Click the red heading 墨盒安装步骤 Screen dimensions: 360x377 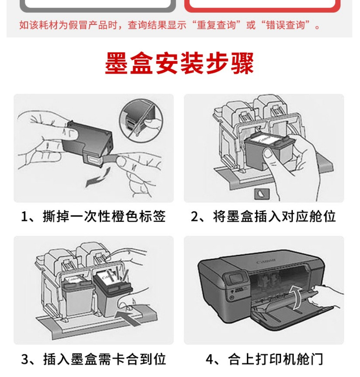(x=179, y=63)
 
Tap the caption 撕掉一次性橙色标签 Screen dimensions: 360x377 (x=104, y=216)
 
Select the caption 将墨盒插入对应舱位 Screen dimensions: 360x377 (x=274, y=216)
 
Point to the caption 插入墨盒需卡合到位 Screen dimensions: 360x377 (x=105, y=359)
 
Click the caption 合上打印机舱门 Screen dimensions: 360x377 (x=275, y=359)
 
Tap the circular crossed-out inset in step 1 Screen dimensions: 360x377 (x=141, y=120)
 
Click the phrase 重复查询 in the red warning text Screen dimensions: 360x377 (x=216, y=25)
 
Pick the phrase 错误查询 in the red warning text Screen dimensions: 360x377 (x=285, y=25)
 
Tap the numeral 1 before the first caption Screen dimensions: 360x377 (x=24, y=217)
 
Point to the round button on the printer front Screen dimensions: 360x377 (x=232, y=297)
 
